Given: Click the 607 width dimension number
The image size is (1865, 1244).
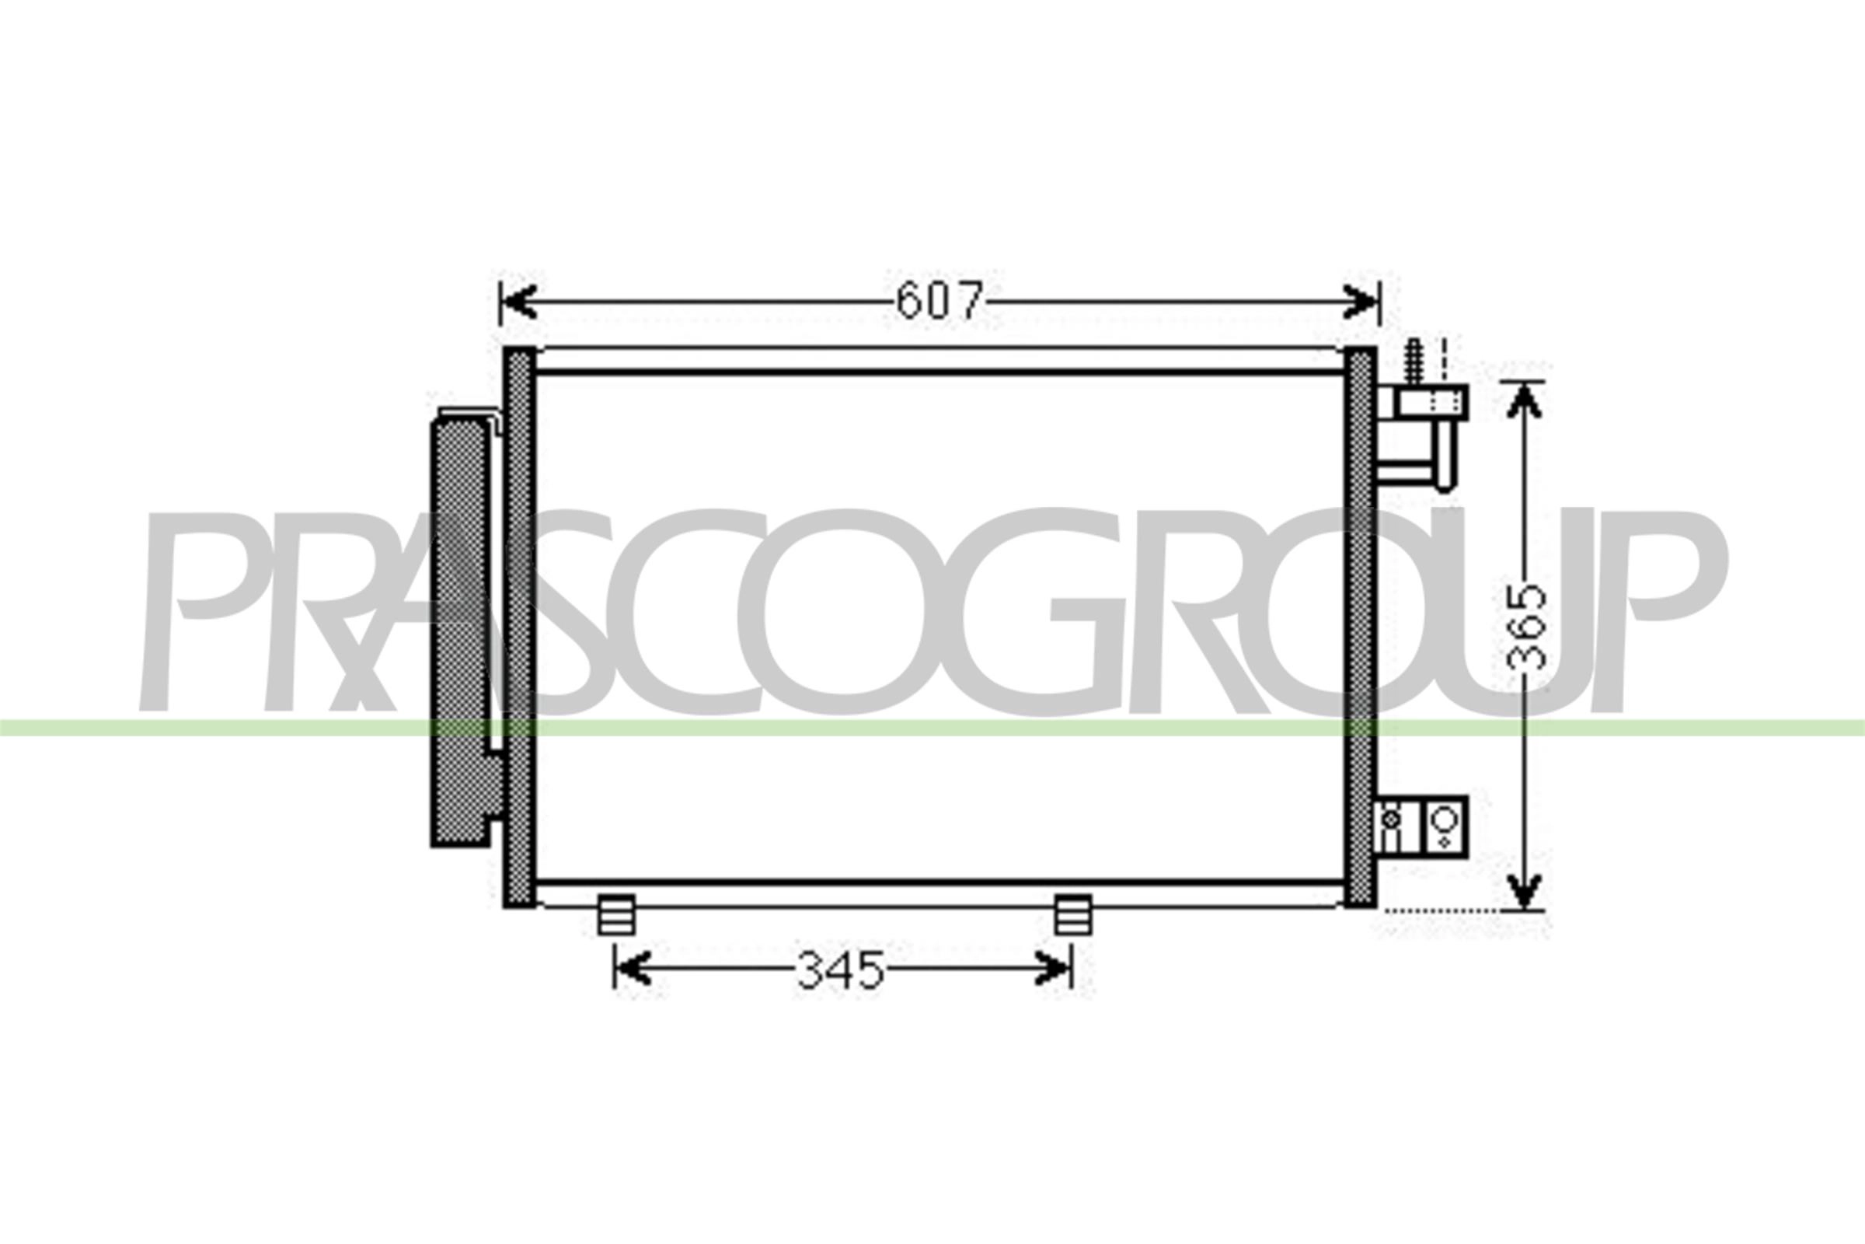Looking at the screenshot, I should [939, 301].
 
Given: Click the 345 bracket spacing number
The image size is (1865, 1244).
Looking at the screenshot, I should [841, 970].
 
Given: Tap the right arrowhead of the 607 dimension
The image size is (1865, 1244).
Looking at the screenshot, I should [1362, 302].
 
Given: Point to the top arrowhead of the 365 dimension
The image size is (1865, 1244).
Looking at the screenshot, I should [1523, 400].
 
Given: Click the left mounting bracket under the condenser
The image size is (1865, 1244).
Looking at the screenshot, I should [616, 915].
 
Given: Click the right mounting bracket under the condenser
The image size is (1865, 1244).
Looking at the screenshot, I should [1073, 915].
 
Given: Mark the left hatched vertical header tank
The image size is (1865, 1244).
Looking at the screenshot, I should [519, 627].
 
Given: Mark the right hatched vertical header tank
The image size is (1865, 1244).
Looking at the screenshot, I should [1360, 627].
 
